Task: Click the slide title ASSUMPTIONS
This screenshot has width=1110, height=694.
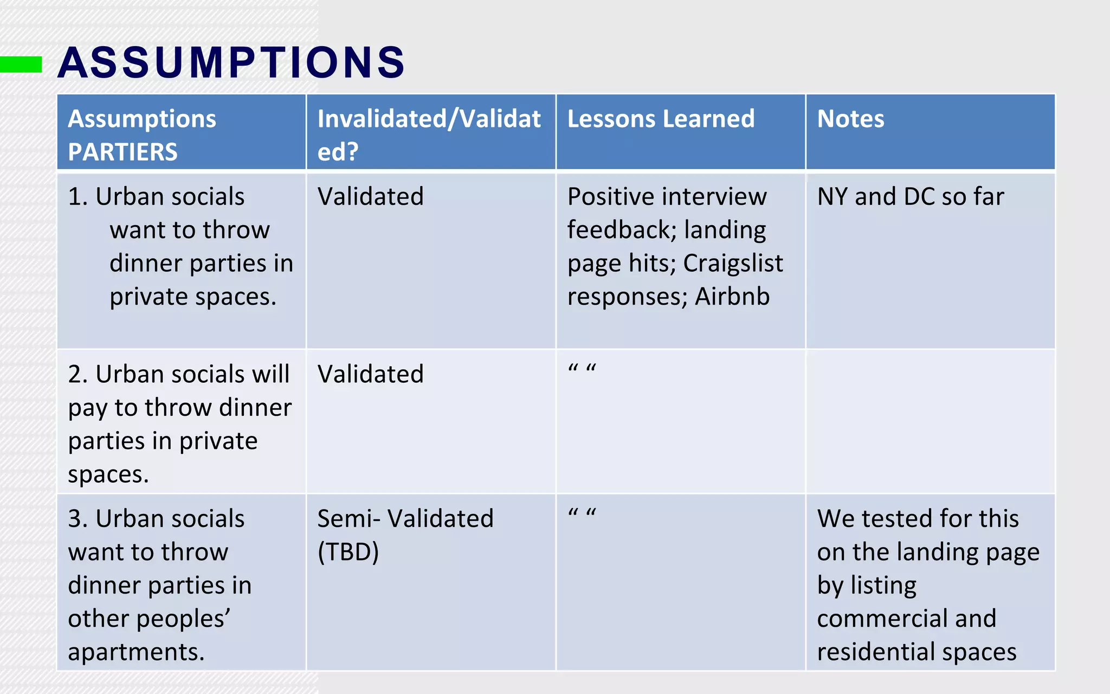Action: point(231,62)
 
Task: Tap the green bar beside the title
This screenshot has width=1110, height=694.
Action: point(21,64)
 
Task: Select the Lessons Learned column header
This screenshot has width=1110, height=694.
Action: point(661,119)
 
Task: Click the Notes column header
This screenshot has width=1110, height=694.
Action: point(850,119)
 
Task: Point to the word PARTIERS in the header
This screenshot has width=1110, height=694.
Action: point(122,152)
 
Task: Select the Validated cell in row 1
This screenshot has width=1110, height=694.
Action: point(370,196)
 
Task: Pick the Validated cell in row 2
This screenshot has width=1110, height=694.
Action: point(370,374)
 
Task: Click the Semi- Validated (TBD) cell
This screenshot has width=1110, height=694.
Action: point(405,535)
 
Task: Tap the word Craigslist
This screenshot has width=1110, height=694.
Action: point(733,264)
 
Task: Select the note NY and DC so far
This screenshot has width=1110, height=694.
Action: point(910,196)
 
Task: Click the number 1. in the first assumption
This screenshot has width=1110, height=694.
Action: point(78,196)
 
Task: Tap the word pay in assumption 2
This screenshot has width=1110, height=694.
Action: point(87,408)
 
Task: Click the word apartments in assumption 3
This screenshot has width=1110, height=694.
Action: point(135,652)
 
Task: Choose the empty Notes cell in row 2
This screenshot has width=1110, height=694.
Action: point(930,421)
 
